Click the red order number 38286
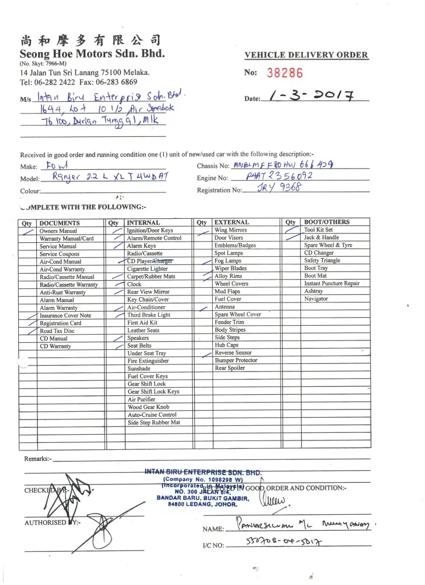[x=285, y=73]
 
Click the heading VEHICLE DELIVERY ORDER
[x=306, y=55]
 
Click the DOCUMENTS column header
[x=59, y=223]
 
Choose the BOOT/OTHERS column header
[x=327, y=222]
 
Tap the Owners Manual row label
[x=58, y=231]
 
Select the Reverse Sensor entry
[x=233, y=353]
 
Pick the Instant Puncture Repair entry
[x=331, y=284]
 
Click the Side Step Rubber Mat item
[x=154, y=422]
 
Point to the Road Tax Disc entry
[x=57, y=331]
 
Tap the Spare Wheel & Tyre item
[x=328, y=246]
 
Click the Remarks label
[x=38, y=459]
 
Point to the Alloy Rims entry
[x=228, y=276]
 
